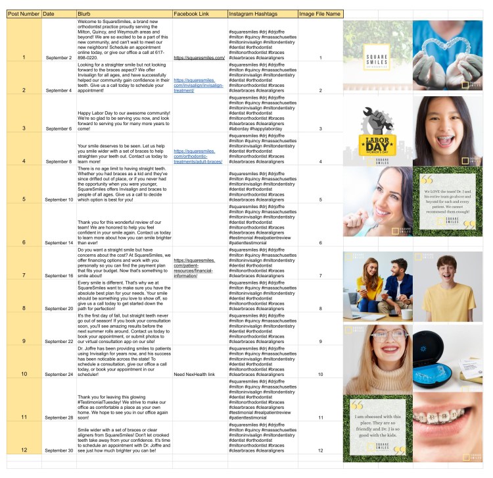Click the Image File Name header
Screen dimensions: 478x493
pos(319,14)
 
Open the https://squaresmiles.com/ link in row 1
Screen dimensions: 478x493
pos(200,58)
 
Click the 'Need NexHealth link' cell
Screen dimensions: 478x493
pos(197,374)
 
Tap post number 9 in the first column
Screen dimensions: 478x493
pos(23,342)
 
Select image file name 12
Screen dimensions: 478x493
pos(320,450)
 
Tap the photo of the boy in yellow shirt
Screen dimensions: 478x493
pos(447,284)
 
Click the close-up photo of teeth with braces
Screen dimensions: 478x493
pos(447,429)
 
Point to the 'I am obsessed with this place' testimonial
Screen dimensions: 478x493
pos(378,429)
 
